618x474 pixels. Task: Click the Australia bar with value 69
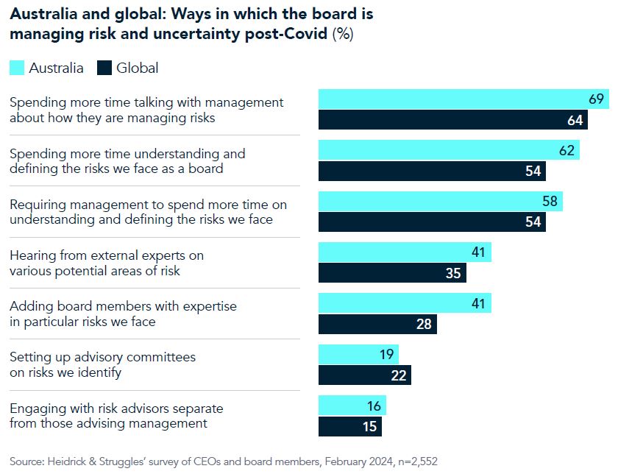[464, 99]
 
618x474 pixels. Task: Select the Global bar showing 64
[452, 120]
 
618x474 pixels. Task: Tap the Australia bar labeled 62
[449, 150]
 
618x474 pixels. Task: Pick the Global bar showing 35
[392, 273]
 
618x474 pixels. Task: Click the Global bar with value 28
[377, 324]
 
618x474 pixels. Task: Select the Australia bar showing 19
[358, 354]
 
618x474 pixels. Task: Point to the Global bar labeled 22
[364, 375]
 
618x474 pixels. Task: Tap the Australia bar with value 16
[352, 406]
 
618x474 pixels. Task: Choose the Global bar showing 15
[350, 426]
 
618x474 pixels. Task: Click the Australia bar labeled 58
[440, 202]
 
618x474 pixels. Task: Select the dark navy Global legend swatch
[104, 68]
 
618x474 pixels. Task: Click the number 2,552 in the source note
[422, 461]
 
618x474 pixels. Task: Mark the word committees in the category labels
[160, 357]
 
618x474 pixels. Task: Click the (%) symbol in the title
[343, 34]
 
